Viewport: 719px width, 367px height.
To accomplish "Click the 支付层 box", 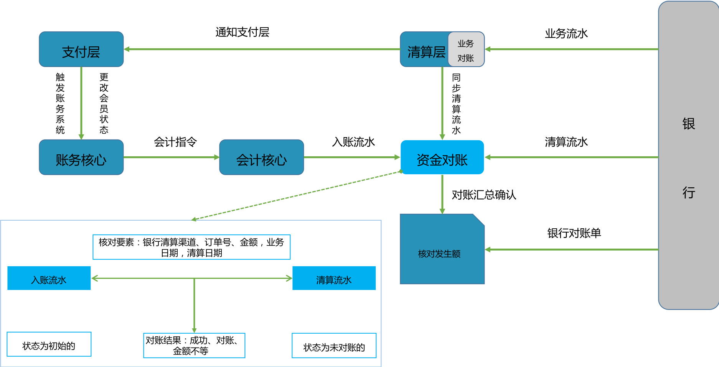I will (81, 49).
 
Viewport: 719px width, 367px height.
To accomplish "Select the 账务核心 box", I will (81, 157).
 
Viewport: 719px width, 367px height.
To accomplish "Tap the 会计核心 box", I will (261, 157).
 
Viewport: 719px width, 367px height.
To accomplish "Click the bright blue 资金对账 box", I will (442, 157).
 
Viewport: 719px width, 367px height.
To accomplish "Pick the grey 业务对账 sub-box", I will (466, 50).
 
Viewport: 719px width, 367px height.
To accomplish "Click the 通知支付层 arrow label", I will (242, 32).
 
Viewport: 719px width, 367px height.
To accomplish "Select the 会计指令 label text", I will (175, 142).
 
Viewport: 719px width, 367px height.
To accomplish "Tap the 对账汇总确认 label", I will (483, 195).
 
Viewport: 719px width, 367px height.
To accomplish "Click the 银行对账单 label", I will (574, 233).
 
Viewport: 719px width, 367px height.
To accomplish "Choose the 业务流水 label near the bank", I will (566, 34).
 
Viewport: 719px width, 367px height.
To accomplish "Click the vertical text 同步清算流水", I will (456, 104).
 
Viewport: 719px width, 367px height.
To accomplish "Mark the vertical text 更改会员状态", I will (104, 103).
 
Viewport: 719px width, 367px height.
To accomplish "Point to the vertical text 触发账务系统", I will (60, 103).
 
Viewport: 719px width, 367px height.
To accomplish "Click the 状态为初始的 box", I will (49, 344).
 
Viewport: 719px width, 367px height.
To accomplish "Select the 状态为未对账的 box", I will (334, 346).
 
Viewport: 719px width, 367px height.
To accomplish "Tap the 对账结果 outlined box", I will (194, 346).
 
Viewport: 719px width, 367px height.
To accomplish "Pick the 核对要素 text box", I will (191, 247).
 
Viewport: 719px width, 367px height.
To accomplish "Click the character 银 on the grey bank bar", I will (688, 124).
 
